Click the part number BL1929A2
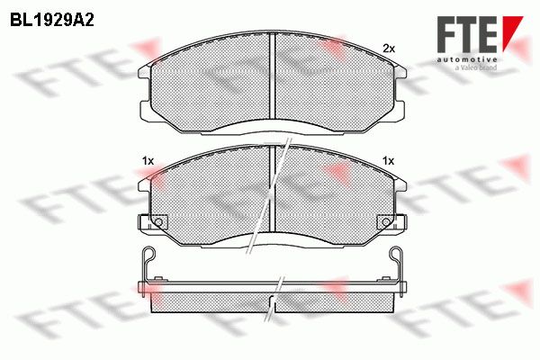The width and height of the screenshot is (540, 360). click(x=52, y=21)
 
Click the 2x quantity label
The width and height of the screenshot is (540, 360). click(x=389, y=49)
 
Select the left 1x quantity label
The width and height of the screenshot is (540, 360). click(x=148, y=161)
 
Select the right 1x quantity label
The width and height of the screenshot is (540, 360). click(x=389, y=161)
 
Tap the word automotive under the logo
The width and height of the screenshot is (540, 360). click(x=466, y=59)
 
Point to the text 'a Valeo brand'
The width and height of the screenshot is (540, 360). click(x=476, y=67)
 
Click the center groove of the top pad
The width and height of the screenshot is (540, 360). click(x=272, y=76)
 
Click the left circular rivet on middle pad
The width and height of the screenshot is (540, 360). click(x=158, y=222)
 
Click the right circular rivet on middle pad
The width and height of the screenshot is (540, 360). click(x=386, y=222)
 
